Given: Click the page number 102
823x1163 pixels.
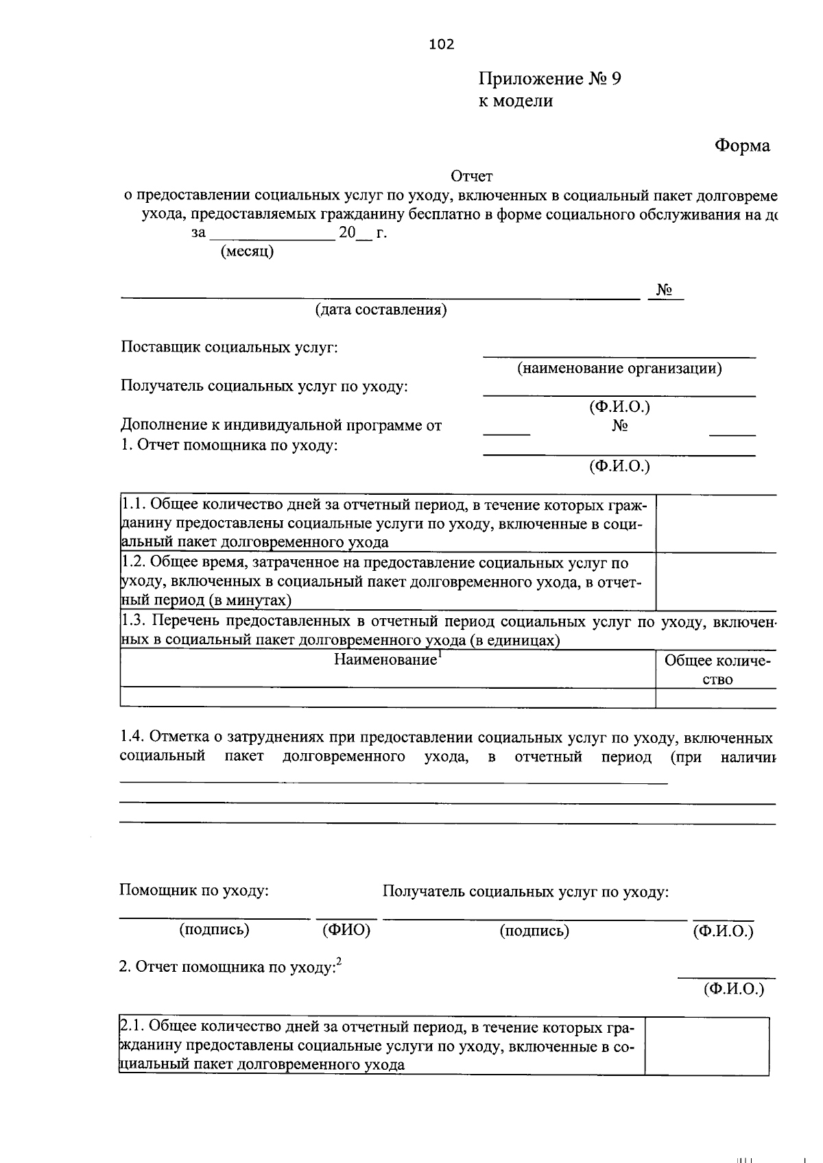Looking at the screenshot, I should point(441,45).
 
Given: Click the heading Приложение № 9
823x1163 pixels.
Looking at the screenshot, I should point(550,79).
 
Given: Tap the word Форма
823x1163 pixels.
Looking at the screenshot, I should point(742,145).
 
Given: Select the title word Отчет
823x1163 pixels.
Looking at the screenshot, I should point(471,177).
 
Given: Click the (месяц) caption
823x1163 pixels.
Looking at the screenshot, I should point(247,252).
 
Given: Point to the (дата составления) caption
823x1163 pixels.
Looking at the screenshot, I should point(381,310).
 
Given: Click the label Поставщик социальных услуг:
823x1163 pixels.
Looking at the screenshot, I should point(229,347).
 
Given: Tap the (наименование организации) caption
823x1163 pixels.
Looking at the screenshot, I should point(619,369).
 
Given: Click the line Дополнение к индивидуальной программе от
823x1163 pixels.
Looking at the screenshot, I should point(281,426).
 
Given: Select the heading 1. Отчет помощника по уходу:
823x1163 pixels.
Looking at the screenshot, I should point(229,445).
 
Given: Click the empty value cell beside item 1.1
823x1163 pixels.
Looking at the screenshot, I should point(715,524).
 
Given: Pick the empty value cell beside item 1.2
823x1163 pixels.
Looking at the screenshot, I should point(715,582).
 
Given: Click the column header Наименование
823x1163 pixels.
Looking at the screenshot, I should point(386,660).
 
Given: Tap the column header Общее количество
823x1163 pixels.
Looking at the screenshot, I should point(717,670).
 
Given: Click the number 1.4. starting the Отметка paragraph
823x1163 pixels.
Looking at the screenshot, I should point(132,738).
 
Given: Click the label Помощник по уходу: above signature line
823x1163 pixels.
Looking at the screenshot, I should point(193,891).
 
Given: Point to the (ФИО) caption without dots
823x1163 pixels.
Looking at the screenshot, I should point(346,930).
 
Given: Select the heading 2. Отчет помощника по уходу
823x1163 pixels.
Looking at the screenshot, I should point(230,967).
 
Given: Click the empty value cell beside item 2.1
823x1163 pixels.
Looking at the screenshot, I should point(706,1046).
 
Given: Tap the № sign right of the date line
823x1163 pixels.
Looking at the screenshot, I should point(663,291).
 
